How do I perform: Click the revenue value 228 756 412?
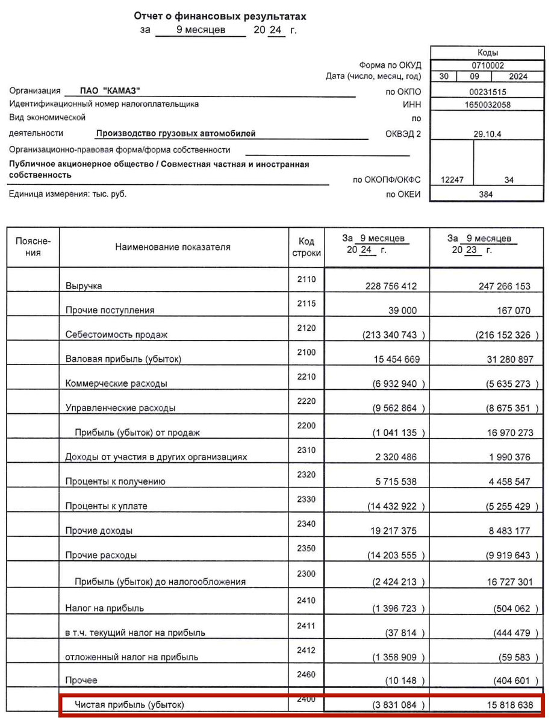391,286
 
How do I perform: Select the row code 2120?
306,328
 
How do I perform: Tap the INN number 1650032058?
487,105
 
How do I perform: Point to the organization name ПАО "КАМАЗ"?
110,91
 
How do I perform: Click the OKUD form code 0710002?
488,66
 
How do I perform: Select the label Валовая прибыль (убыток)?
123,360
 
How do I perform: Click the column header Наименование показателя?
172,247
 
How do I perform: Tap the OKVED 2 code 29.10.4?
487,134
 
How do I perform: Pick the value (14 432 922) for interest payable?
396,506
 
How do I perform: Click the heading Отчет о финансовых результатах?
219,16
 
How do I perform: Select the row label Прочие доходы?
99,531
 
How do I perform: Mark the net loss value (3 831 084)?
396,704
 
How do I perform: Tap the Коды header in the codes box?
487,53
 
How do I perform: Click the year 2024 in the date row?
517,77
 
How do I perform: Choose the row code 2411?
306,627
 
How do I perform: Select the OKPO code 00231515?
487,92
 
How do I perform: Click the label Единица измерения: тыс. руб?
67,194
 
